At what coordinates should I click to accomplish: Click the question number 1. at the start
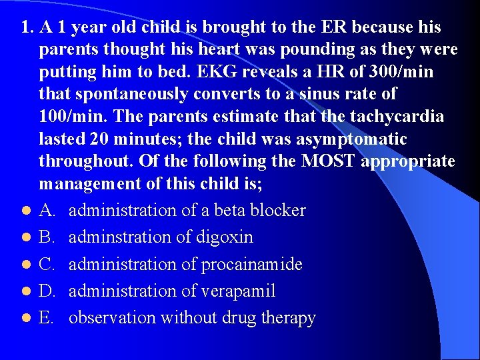click(27, 28)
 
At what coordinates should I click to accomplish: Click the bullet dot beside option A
click(25, 211)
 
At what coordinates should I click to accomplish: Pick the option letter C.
click(47, 265)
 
